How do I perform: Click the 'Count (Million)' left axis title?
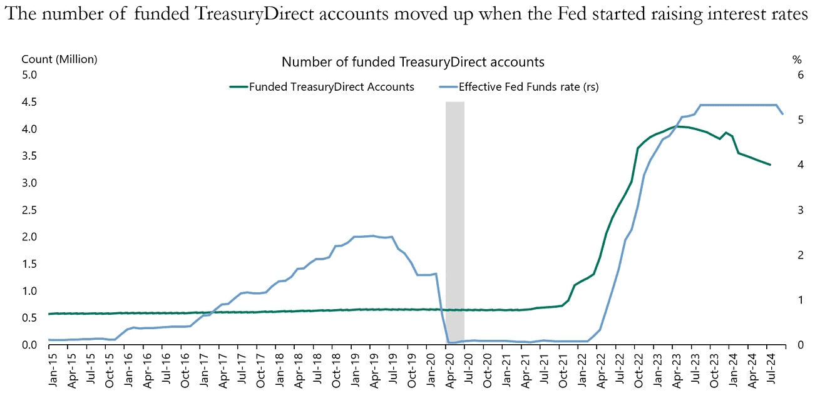coord(59,59)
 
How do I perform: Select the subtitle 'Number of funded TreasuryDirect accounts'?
coord(413,62)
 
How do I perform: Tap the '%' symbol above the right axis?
coord(797,60)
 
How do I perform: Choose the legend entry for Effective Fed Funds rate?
coord(528,87)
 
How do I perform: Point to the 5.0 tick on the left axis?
coord(30,75)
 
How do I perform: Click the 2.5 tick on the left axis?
coord(30,210)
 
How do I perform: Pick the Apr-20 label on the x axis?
coord(449,372)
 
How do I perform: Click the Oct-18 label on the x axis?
coord(336,372)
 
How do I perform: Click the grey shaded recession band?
coord(454,219)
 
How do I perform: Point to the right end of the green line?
coord(770,165)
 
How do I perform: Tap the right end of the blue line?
coord(782,113)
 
